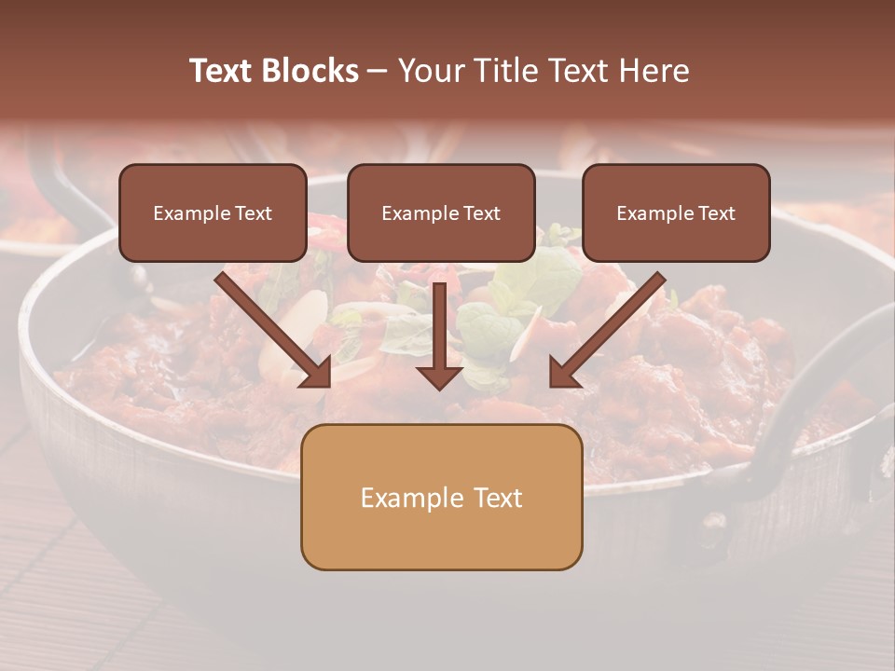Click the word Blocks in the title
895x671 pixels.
pos(310,71)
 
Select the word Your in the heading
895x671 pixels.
pos(432,71)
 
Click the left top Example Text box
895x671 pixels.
pos(213,213)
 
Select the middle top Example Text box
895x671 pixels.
pos(441,213)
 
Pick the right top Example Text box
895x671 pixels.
pos(676,213)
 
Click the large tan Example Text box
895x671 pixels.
pos(441,498)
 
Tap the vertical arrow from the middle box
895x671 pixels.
pos(439,326)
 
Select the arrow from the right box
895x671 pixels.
pos(611,326)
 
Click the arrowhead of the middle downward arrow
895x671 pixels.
pos(439,376)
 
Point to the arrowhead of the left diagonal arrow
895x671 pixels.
pos(317,373)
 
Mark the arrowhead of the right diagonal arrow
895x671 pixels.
pos(564,373)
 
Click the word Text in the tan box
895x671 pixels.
pos(496,498)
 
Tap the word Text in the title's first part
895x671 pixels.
pos(221,71)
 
